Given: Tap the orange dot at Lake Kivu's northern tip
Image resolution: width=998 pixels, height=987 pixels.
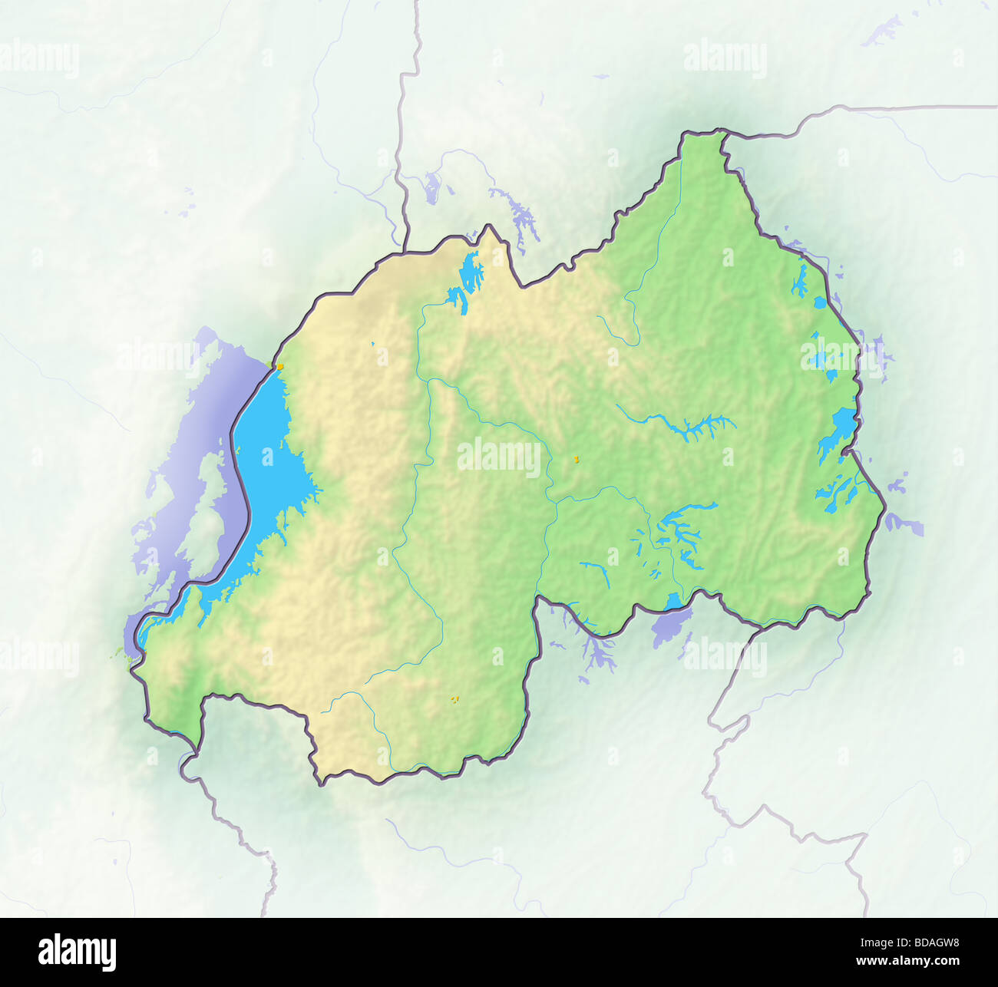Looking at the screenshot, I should [x=281, y=366].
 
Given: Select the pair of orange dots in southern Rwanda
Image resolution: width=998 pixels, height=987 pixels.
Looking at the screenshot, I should [x=454, y=698].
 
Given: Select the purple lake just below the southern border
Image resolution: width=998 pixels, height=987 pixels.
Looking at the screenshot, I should [x=667, y=627].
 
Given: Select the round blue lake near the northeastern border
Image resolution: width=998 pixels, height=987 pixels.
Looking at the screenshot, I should [x=821, y=302].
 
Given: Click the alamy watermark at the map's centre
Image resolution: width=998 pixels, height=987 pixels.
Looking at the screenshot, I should [x=499, y=457].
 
